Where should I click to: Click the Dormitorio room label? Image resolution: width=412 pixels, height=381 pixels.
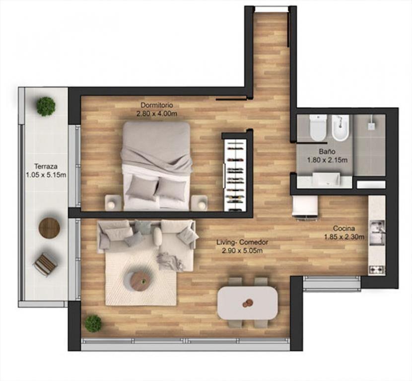coord(157,105)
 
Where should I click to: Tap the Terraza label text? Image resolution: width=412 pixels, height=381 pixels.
coord(46,166)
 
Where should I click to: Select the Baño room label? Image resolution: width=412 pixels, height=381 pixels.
coord(327,152)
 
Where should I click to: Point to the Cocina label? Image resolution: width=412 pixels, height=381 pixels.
coord(344,228)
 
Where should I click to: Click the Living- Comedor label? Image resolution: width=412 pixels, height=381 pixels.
coord(242,242)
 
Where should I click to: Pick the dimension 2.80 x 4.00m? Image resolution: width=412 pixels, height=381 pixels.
coord(156,114)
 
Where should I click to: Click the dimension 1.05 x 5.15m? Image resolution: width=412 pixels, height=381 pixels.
coord(46,175)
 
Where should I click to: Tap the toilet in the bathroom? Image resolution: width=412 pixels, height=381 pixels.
coord(318,128)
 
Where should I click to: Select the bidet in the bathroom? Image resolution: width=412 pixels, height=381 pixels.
coord(340,128)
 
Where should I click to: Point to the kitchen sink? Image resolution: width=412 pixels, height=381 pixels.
coord(377,232)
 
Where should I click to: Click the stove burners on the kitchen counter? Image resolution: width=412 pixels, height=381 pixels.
coord(377,270)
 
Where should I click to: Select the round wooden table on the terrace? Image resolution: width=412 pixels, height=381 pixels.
coord(50,228)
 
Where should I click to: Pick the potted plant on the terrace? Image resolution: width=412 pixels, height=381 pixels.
coord(46,106)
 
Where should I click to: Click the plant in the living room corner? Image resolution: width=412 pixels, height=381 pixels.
coord(93,323)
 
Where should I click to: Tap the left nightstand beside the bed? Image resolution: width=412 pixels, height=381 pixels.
coord(113,203)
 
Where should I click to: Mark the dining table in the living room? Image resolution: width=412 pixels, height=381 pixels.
coord(248,303)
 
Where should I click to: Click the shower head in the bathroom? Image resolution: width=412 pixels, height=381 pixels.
coord(371,126)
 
